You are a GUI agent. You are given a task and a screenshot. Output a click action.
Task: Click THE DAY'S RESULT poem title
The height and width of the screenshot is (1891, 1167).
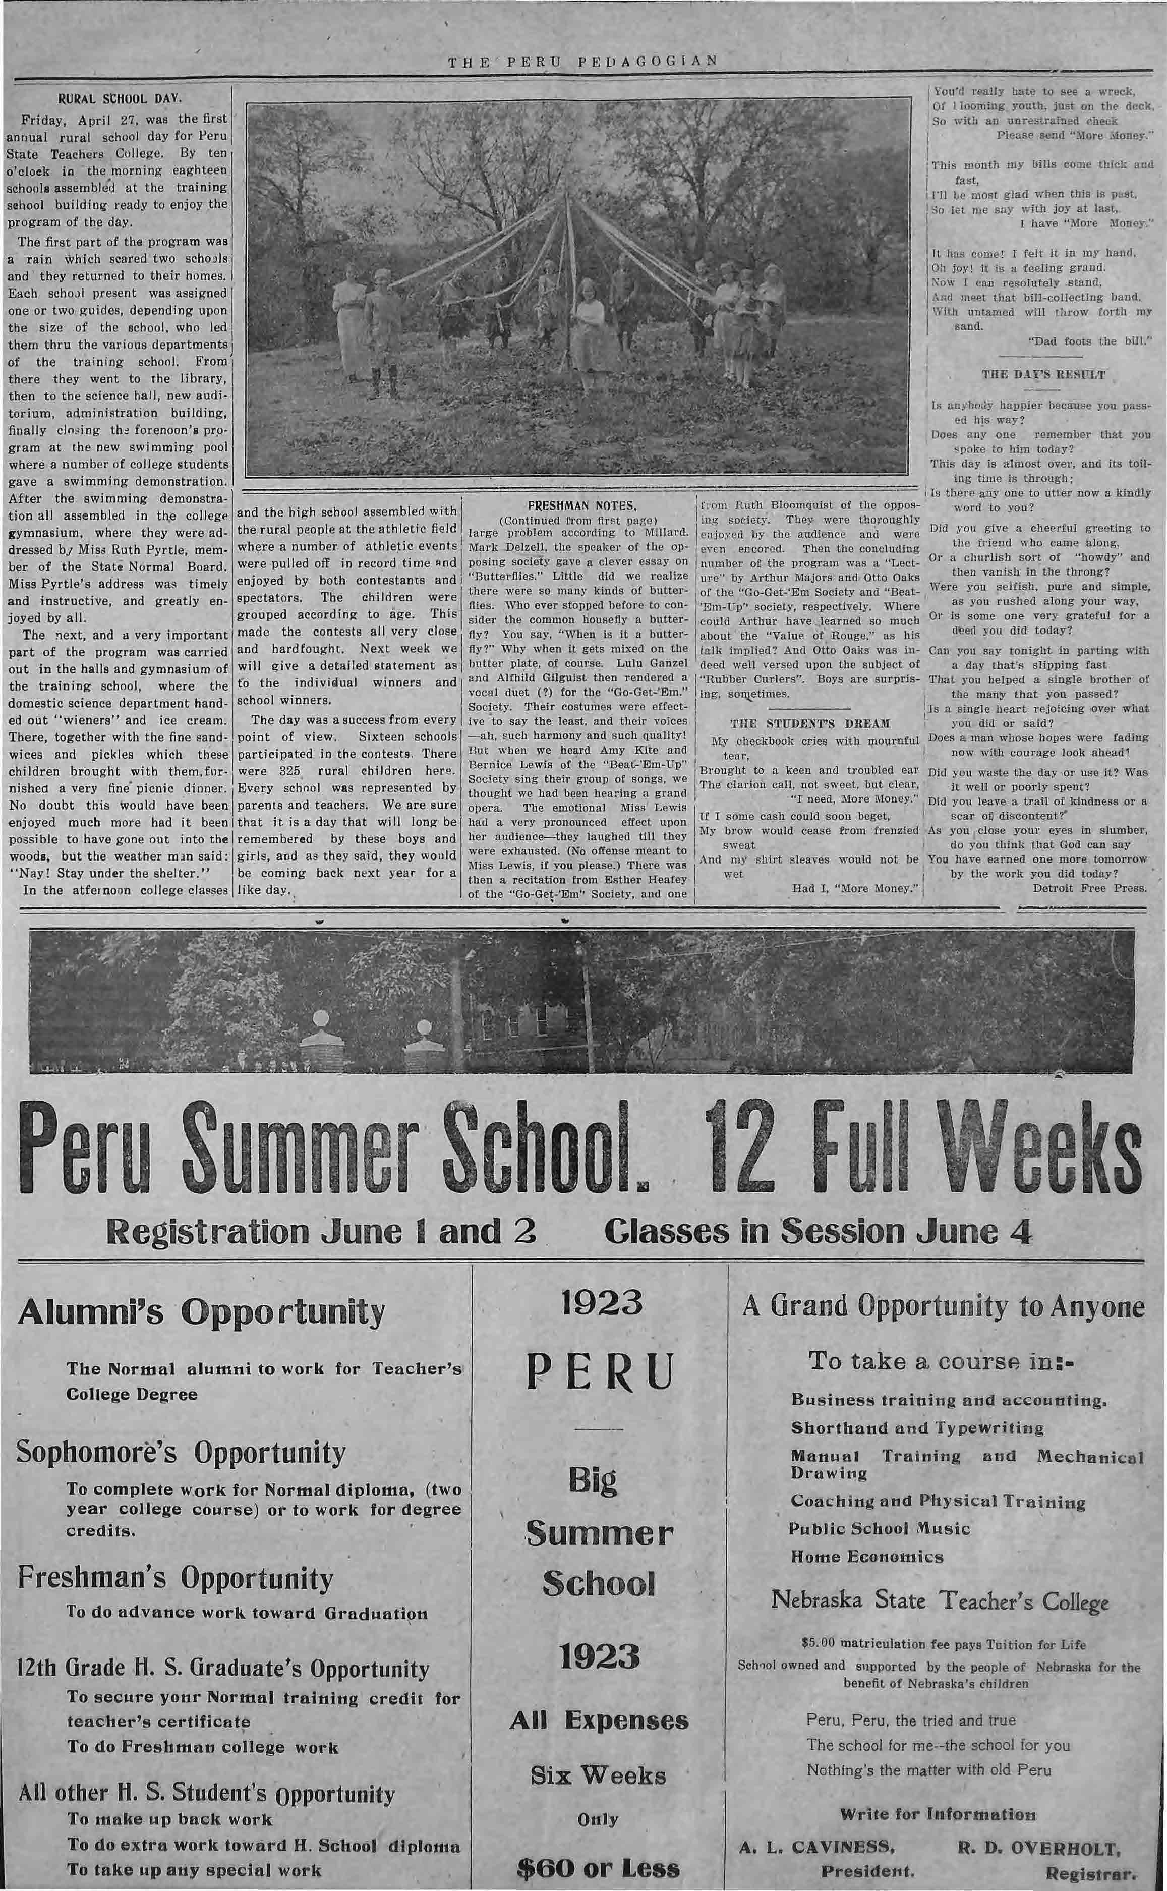tap(1043, 375)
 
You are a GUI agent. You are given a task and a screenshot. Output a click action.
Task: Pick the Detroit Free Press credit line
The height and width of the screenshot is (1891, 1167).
tap(1089, 888)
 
